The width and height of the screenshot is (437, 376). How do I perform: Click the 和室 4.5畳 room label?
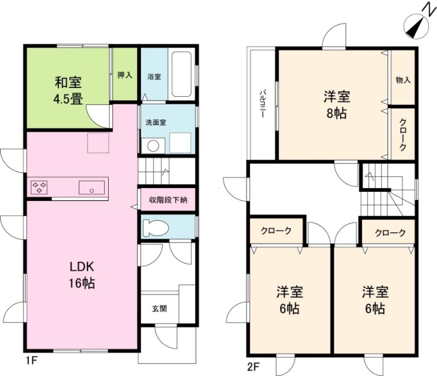click(x=69, y=91)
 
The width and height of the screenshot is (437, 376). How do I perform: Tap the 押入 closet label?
click(x=125, y=75)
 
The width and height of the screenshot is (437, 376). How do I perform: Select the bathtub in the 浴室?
click(x=181, y=75)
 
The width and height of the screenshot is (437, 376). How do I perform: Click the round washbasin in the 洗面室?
click(x=153, y=146)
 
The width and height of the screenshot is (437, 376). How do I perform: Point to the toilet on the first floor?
click(x=156, y=227)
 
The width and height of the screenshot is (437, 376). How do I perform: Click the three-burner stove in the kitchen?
click(x=39, y=187)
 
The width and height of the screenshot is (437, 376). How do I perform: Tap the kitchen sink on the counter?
click(x=92, y=187)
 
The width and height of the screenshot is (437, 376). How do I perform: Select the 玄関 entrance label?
click(x=160, y=309)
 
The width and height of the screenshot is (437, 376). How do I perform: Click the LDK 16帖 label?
click(x=81, y=275)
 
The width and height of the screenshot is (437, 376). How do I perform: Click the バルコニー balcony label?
click(x=263, y=103)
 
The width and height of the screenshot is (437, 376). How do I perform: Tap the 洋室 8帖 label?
click(x=336, y=105)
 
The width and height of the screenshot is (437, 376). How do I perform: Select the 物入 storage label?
click(x=403, y=80)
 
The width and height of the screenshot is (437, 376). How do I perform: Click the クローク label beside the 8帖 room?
click(x=403, y=135)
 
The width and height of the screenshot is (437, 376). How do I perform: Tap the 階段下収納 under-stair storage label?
click(x=168, y=199)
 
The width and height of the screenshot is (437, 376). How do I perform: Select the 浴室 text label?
click(x=154, y=77)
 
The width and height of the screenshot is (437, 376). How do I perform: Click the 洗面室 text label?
click(x=156, y=122)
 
